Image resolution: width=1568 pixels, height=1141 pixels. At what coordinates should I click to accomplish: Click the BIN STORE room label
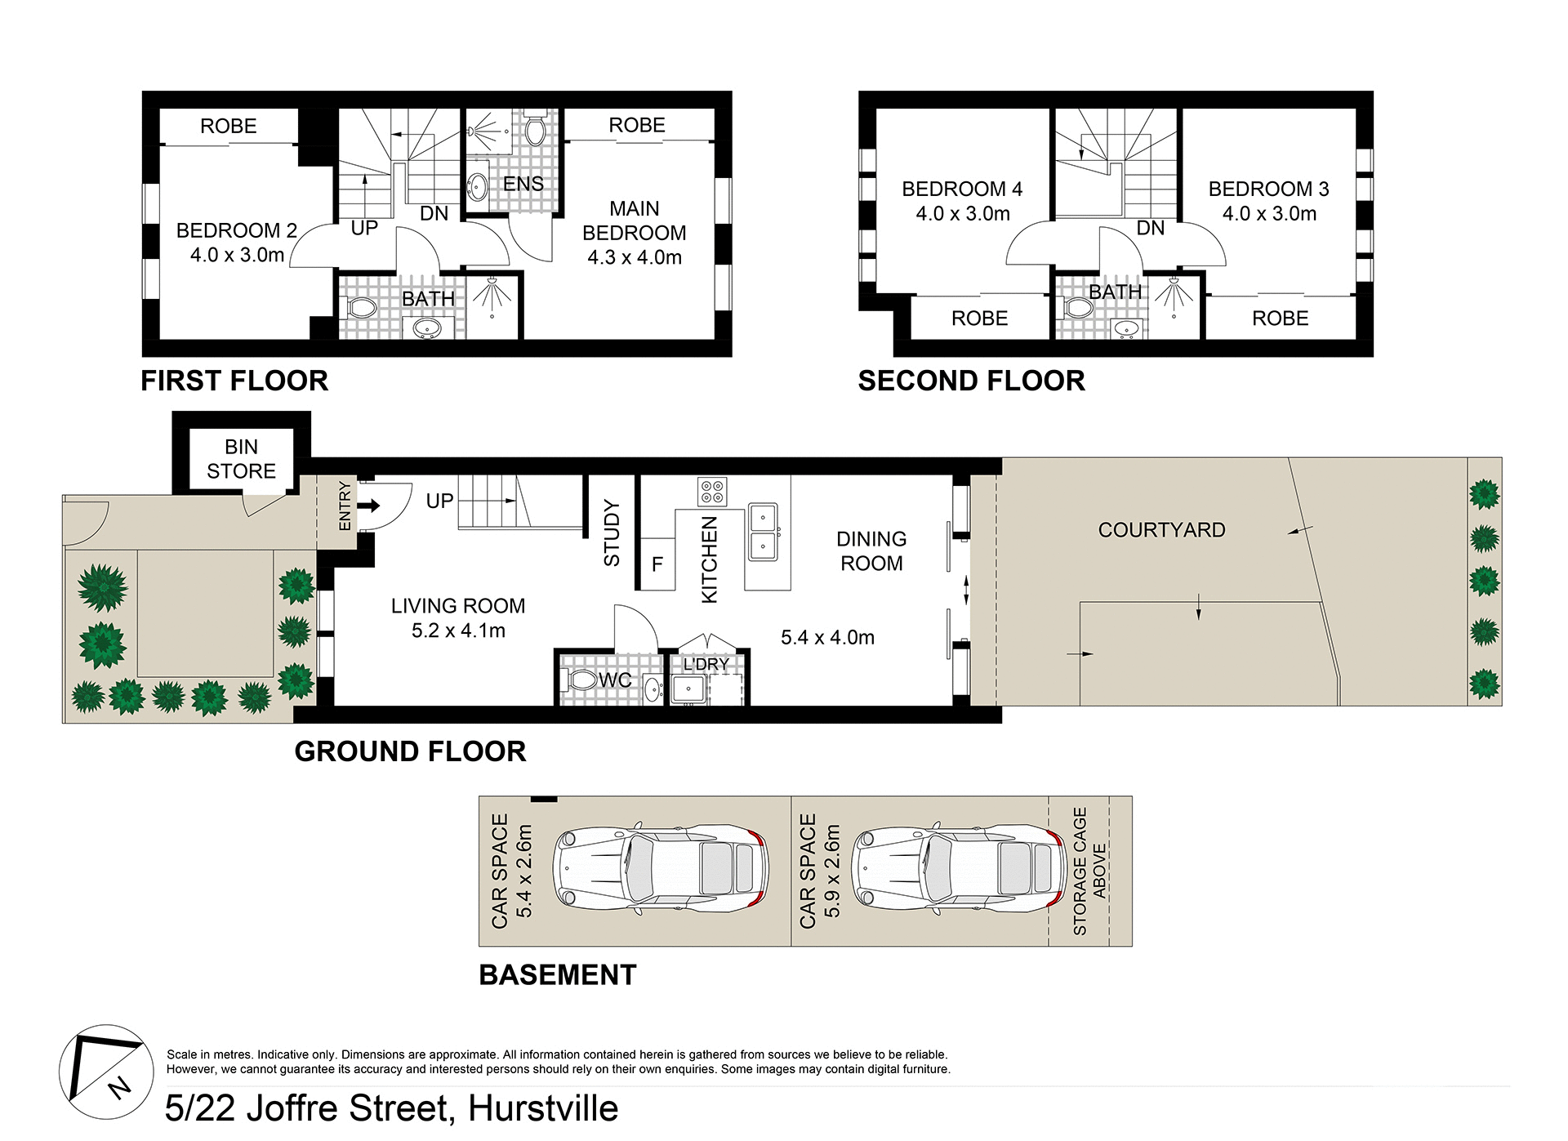pos(241,459)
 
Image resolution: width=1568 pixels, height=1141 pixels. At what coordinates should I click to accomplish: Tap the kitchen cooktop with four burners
pos(712,492)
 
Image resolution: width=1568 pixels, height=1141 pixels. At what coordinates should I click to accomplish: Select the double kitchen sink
pos(763,531)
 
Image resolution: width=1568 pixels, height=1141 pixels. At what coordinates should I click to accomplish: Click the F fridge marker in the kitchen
pos(657,564)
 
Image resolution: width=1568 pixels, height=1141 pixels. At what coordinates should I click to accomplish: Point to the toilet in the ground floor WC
pos(581,680)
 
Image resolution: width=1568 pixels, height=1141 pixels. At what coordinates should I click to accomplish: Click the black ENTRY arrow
pos(369,506)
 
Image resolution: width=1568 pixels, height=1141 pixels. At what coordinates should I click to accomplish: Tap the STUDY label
pos(612,533)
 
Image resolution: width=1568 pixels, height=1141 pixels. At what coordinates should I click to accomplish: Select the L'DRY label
pos(706,664)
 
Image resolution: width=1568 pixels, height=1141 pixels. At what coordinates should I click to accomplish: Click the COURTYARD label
pos(1161,530)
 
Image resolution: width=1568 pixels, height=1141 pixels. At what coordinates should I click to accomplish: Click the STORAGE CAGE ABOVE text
pos(1089,871)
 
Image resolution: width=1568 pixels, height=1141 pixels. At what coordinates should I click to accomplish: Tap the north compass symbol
pos(106,1072)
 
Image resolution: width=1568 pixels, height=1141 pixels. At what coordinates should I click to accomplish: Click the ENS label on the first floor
pos(523,185)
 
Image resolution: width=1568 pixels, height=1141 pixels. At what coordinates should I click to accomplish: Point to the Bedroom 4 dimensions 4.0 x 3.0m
pos(962,214)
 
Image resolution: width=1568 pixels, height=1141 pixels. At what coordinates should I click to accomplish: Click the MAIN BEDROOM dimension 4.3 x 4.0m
pos(634,257)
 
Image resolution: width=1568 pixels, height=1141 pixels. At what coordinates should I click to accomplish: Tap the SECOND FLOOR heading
pos(971,381)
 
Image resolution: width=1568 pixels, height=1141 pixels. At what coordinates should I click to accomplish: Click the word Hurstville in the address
pos(542,1108)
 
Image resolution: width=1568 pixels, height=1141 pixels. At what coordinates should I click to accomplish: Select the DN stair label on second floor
pos(1150,228)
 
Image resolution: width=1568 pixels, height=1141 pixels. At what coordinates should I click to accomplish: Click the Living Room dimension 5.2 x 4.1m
pos(458,631)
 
